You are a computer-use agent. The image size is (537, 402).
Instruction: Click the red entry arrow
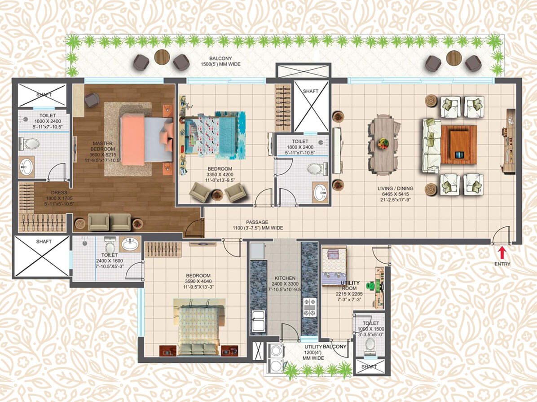(502, 253)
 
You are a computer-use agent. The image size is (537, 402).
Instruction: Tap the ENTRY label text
(502, 264)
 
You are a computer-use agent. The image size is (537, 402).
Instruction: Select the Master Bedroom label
(103, 151)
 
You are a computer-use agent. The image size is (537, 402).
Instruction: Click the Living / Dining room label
(395, 194)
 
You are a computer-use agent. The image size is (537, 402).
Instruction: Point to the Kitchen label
(285, 284)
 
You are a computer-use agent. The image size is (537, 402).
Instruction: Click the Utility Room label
(349, 291)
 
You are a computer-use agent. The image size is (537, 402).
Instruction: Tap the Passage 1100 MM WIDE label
(258, 225)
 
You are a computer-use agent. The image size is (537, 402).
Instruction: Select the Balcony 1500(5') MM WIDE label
(220, 61)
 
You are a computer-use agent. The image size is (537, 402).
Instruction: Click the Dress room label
(59, 198)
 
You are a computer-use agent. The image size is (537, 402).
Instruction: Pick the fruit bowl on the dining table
(383, 143)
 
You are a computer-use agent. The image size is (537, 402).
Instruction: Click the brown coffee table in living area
(459, 145)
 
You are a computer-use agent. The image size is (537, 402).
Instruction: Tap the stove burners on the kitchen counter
(310, 307)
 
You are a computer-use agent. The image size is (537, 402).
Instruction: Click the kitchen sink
(258, 320)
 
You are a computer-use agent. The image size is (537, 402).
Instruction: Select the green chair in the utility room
(371, 285)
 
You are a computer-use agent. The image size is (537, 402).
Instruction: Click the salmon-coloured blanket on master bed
(132, 139)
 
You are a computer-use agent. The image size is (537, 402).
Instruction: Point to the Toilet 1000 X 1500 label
(370, 329)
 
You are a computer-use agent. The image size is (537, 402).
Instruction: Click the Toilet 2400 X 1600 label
(110, 261)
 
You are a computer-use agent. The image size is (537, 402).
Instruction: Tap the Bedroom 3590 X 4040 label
(198, 281)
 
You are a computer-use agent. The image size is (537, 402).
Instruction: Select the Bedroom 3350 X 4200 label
(220, 174)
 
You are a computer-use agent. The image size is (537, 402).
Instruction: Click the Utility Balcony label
(325, 352)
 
